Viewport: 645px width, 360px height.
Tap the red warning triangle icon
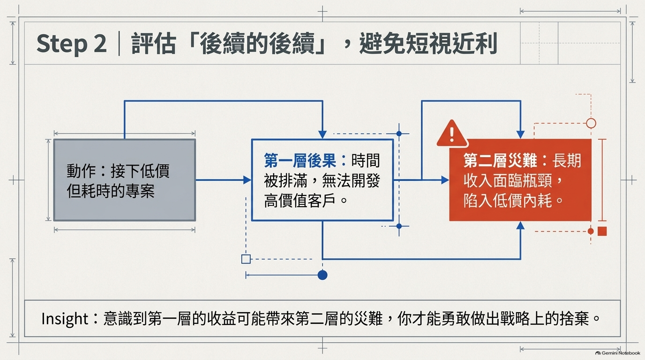[x=452, y=134]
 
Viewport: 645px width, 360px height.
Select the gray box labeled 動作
[x=125, y=180]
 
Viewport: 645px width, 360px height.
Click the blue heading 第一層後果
[x=300, y=160]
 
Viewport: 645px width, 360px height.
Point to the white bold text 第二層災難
[x=500, y=160]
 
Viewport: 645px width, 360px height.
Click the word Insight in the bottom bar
[x=65, y=319]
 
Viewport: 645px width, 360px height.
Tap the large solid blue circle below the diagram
[x=322, y=275]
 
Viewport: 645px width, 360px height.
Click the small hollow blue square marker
[x=246, y=259]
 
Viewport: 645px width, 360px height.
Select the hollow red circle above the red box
[x=591, y=123]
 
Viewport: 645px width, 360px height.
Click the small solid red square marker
[x=602, y=231]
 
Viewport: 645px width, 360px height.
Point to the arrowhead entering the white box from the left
[x=247, y=180]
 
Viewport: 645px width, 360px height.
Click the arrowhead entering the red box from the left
[x=445, y=180]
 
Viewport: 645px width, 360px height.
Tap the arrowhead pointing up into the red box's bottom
[x=520, y=225]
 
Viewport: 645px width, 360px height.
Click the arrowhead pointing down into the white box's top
[x=322, y=135]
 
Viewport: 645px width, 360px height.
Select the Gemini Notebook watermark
[x=618, y=353]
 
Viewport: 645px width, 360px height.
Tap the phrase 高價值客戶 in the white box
[x=300, y=201]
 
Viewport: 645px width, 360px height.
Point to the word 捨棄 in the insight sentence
[x=575, y=319]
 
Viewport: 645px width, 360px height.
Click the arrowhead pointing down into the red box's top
[x=520, y=135]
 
